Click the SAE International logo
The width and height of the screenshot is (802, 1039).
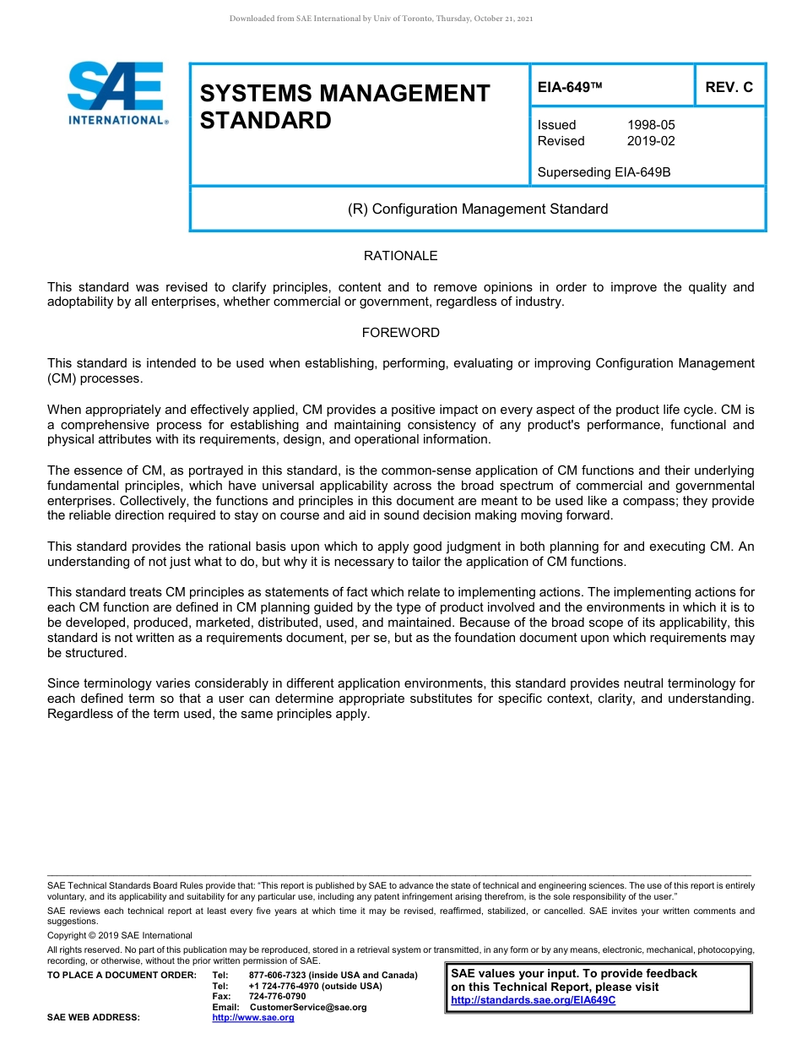pos(117,94)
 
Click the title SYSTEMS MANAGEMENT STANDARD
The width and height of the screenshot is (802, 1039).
pos(344,106)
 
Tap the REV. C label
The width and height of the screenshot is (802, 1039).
pos(729,87)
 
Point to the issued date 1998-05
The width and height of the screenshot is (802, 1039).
pos(651,125)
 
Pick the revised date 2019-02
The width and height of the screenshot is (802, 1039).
pos(651,141)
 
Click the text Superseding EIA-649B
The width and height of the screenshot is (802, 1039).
pos(604,172)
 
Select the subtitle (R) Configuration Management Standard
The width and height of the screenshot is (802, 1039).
pos(478,209)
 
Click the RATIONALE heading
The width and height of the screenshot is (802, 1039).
pos(400,256)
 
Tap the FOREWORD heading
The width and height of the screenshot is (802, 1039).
pos(400,333)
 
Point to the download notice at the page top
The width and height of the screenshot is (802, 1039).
pos(381,19)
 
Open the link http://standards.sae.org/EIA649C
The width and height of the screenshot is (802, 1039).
pos(533,1000)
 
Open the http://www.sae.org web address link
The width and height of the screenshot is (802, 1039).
pos(252,1018)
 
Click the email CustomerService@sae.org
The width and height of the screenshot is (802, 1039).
pos(308,1007)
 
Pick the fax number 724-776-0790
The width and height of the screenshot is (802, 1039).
pos(277,997)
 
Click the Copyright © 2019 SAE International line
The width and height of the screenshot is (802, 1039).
pos(120,935)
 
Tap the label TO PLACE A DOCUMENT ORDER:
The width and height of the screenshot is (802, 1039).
pos(122,976)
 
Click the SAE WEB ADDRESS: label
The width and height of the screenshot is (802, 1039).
pos(94,1018)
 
